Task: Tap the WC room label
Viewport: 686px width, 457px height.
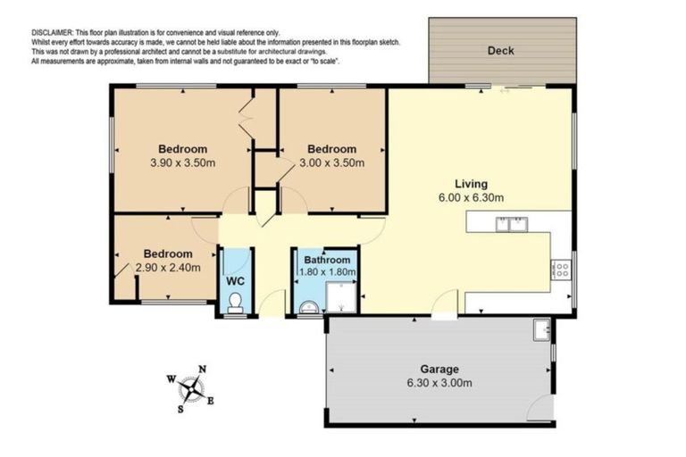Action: coord(235,280)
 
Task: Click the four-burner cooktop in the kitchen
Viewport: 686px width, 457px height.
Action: coord(561,268)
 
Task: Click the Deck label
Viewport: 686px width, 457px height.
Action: coord(500,51)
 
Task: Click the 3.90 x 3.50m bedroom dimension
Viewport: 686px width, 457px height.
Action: coord(183,163)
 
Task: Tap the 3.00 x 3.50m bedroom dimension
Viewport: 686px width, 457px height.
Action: coord(331,163)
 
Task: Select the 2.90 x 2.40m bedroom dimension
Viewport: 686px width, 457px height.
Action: coord(168,267)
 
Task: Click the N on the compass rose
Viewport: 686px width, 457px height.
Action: coord(203,370)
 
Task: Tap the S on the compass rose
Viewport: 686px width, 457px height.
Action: coord(180,409)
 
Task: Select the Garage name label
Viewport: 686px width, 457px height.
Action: coord(439,369)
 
